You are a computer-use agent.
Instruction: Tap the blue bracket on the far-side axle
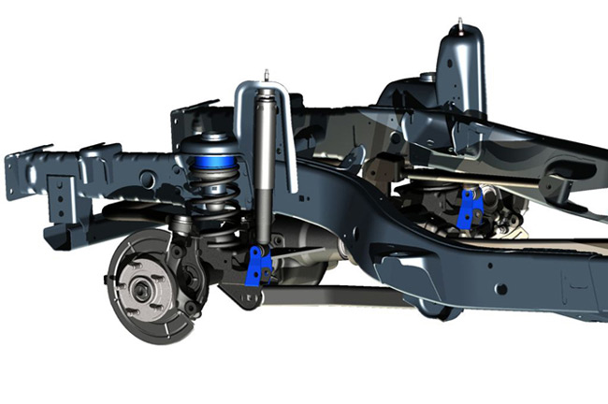471,208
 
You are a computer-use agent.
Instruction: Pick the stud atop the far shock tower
459,21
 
